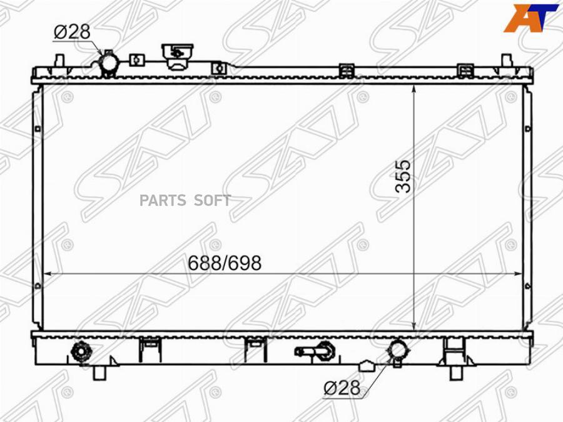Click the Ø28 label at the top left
[x=72, y=32]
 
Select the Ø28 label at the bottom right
[x=342, y=388]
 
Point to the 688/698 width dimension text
[x=225, y=263]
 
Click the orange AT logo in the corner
[x=530, y=18]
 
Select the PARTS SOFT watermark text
[x=185, y=200]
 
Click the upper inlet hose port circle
[x=109, y=64]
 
